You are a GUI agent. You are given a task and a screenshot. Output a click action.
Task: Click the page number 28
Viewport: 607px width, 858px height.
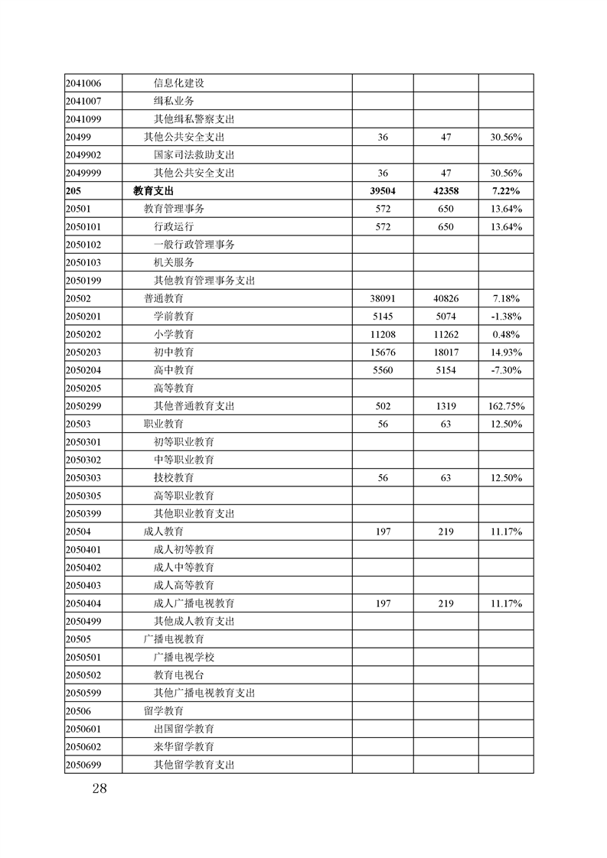98,789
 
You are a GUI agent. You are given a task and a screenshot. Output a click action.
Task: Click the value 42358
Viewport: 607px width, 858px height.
446,191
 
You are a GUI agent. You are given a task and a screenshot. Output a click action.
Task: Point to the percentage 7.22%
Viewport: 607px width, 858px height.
506,191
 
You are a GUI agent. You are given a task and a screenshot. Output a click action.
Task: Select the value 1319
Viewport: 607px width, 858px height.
446,406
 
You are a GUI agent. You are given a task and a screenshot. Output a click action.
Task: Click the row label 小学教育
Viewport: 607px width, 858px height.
174,334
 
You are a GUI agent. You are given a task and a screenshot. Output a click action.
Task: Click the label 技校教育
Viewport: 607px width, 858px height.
174,478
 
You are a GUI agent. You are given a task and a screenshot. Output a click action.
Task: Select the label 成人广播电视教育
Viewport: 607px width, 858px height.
194,603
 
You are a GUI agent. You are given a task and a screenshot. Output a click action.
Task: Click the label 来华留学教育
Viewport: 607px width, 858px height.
184,746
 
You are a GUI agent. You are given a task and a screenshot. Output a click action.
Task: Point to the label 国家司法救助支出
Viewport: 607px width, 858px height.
194,155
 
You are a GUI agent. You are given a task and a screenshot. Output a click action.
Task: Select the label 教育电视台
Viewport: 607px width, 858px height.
179,675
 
